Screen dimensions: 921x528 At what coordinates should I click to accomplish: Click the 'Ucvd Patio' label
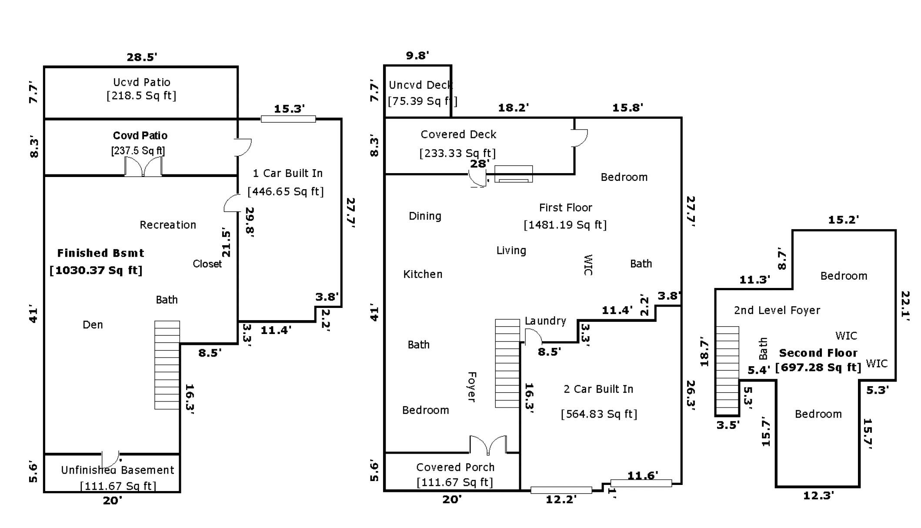click(141, 82)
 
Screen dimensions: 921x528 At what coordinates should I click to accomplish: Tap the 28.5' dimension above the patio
click(142, 57)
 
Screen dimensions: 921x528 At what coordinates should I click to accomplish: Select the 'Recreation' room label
click(168, 225)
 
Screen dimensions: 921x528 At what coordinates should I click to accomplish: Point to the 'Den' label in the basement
click(93, 325)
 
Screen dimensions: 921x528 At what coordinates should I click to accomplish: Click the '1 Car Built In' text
click(288, 173)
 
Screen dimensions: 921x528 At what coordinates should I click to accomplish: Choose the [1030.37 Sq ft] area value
click(96, 270)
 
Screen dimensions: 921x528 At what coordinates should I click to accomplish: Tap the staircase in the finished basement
click(167, 365)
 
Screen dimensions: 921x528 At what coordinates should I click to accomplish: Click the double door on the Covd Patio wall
click(143, 166)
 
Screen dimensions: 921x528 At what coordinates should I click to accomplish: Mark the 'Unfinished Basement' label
click(117, 470)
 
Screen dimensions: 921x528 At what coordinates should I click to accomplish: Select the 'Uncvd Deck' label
click(420, 85)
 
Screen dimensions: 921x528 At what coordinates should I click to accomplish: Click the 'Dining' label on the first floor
click(425, 216)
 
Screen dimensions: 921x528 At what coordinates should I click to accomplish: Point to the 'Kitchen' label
click(423, 274)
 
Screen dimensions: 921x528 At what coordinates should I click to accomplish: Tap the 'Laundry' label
click(545, 321)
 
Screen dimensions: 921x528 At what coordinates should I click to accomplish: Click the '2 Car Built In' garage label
click(598, 389)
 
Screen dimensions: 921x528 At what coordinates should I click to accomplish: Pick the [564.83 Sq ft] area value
click(599, 414)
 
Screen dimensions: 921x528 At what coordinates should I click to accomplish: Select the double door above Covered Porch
click(488, 445)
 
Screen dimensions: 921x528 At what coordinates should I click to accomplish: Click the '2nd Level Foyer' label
click(777, 311)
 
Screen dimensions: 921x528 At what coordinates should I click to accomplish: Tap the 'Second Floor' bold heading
click(818, 353)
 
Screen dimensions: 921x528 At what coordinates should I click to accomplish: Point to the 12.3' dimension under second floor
click(818, 495)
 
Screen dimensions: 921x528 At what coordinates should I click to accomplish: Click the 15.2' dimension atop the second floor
click(844, 220)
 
